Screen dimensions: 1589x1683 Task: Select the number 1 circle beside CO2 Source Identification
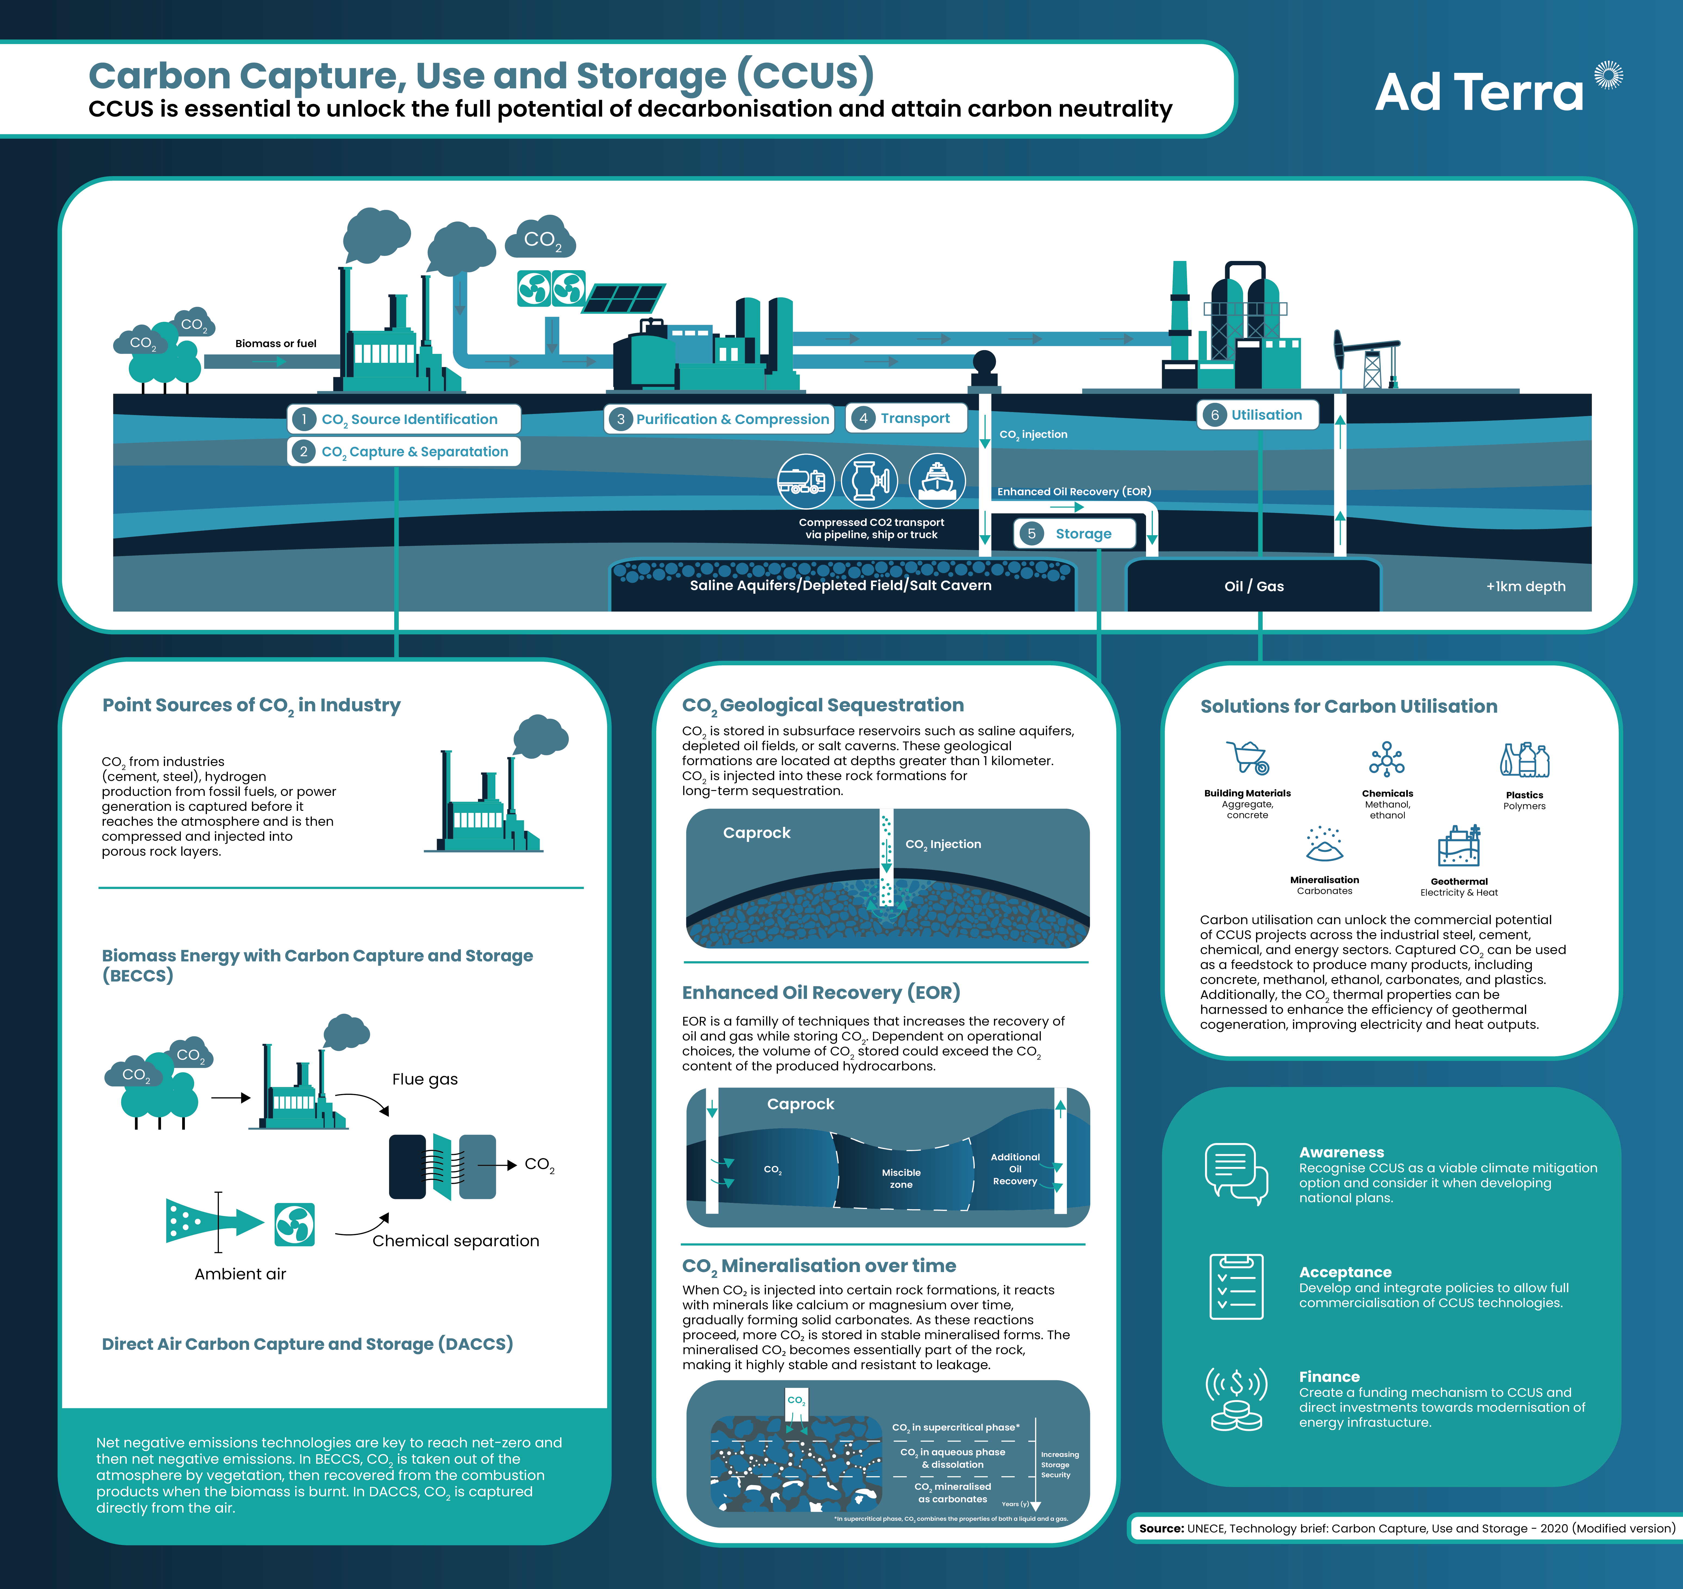[303, 419]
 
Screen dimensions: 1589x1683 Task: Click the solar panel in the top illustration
[623, 298]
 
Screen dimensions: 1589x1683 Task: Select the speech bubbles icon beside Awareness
[1235, 1173]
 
